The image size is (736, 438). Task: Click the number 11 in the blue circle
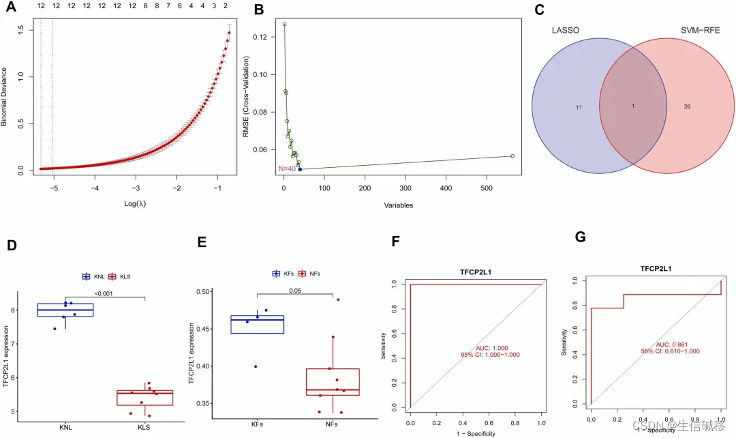tap(579, 108)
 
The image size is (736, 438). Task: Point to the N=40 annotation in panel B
tap(286, 169)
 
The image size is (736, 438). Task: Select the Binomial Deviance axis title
tap(5, 96)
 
